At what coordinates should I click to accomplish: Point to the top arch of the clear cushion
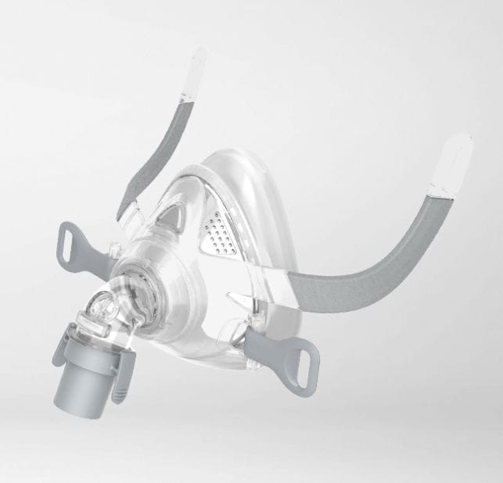235,156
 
